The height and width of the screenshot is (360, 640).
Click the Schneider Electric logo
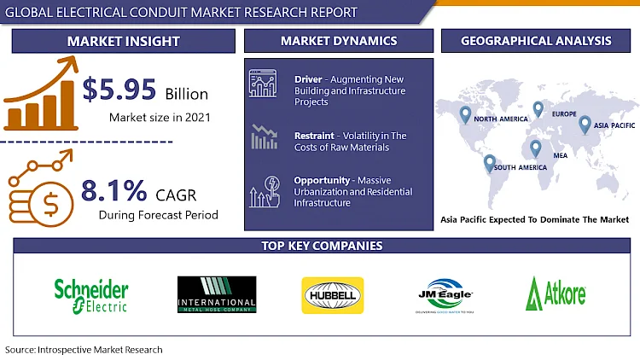(x=91, y=295)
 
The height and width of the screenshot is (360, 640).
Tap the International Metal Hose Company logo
(x=216, y=295)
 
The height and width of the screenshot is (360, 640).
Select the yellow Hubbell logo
(x=333, y=295)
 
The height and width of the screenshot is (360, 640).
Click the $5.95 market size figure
(x=119, y=90)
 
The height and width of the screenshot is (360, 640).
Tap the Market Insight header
(x=125, y=41)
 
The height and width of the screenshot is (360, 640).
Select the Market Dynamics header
(x=339, y=41)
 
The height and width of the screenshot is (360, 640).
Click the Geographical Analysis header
(x=536, y=41)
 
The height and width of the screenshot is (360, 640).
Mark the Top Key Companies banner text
(x=322, y=246)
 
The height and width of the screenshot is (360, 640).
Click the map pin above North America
(x=465, y=113)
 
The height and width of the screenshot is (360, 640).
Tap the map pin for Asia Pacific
(x=585, y=125)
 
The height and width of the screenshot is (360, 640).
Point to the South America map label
(x=520, y=167)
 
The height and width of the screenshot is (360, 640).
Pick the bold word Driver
(x=308, y=79)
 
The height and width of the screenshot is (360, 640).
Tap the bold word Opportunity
(x=322, y=181)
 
